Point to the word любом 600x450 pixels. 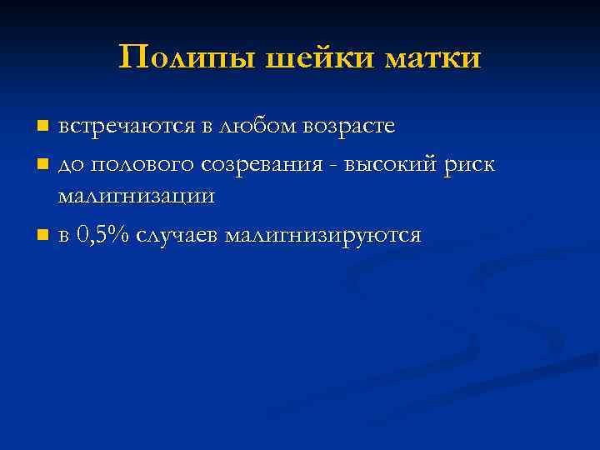[249, 127]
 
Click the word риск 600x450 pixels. [471, 166]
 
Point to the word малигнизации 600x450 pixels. [136, 197]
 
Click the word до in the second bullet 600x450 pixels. [68, 166]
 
